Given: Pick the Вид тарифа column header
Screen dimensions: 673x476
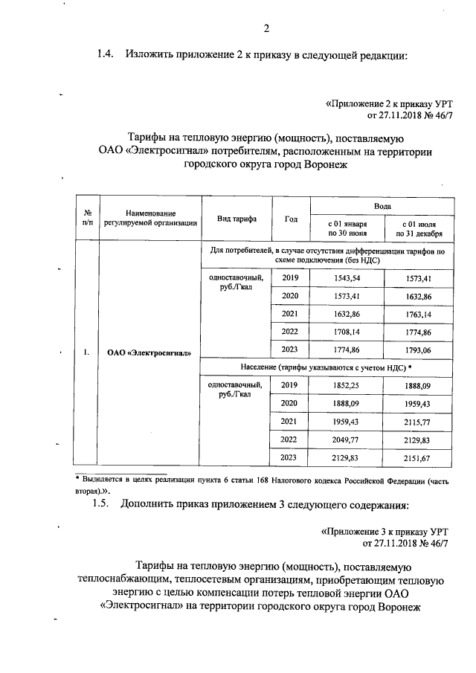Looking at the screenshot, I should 237,219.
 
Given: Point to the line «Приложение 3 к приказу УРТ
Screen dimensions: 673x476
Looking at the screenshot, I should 386,532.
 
